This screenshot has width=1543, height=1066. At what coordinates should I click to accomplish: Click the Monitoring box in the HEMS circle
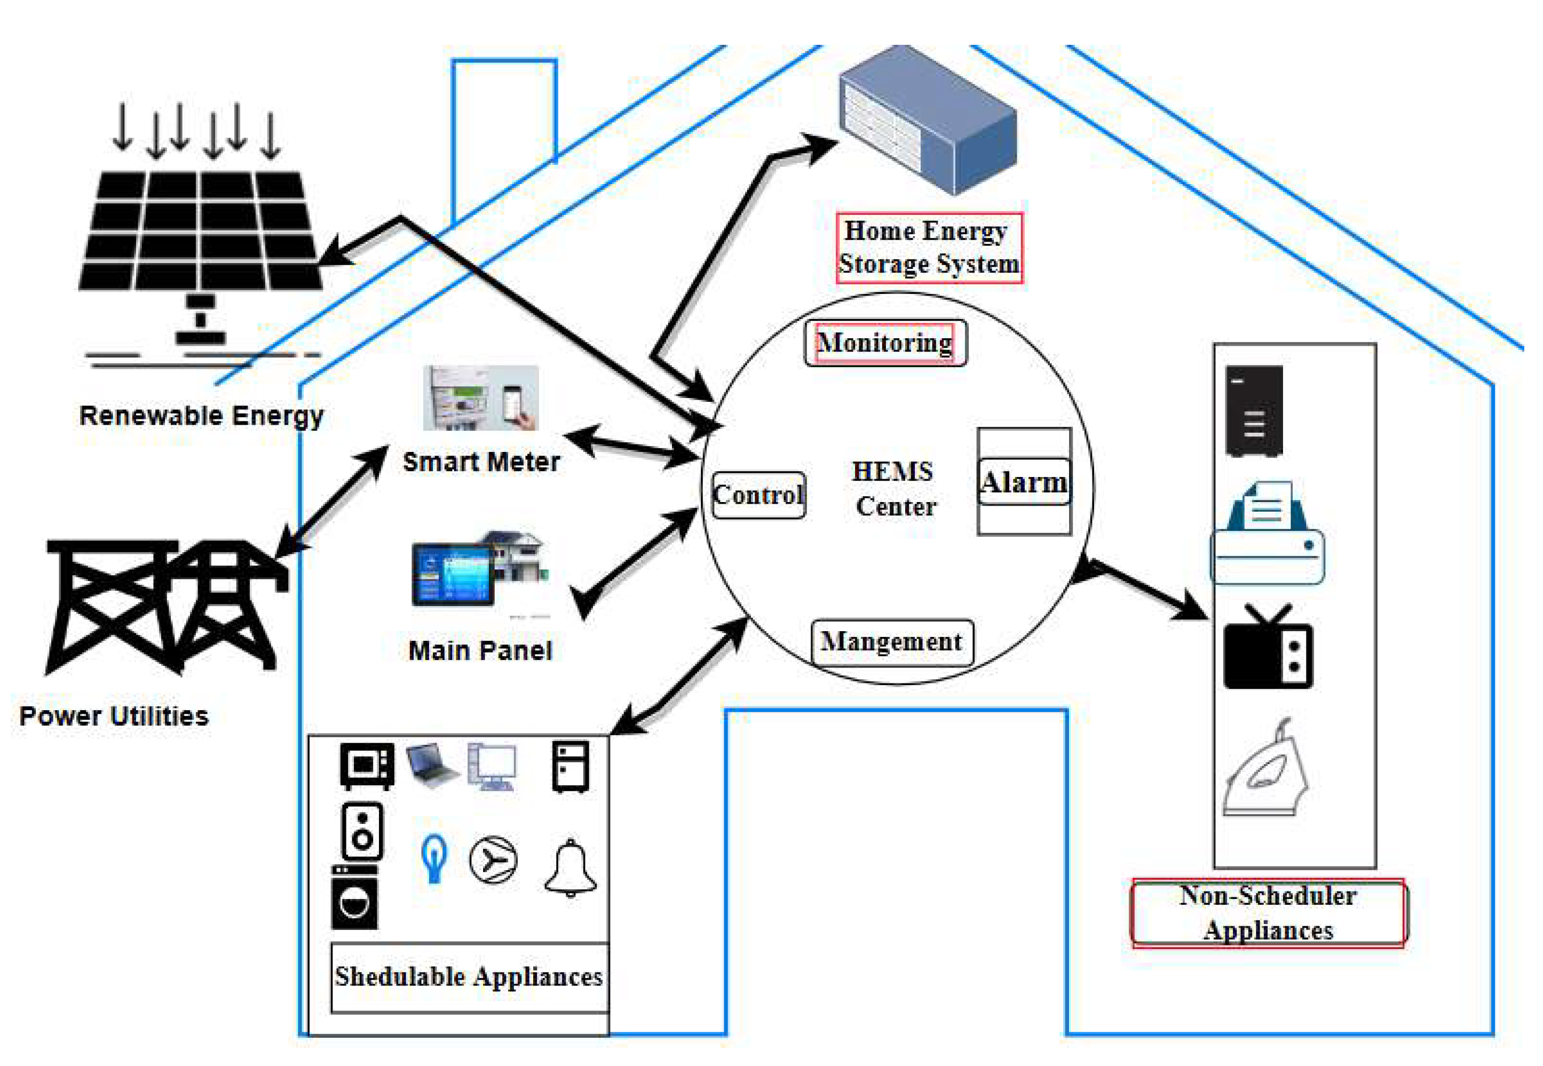point(884,343)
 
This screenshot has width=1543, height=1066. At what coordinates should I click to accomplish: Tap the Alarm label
point(1023,482)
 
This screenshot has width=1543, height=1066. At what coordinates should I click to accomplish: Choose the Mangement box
point(891,642)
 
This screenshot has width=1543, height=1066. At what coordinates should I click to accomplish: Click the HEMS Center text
point(894,489)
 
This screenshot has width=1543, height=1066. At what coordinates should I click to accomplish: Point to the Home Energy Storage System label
point(929,248)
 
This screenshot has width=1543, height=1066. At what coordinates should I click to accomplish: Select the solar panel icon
point(200,230)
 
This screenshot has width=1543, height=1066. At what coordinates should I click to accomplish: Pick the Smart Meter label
point(481,462)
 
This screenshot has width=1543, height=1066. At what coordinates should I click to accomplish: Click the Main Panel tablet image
point(478,573)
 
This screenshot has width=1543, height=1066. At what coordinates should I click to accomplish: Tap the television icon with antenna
point(1267,648)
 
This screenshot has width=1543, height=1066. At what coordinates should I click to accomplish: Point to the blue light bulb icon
point(433,858)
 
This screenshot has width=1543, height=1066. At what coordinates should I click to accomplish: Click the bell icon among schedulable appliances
point(570,868)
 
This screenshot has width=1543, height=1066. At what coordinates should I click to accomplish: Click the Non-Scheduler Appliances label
point(1268,912)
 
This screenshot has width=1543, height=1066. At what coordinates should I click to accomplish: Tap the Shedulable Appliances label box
point(469,977)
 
